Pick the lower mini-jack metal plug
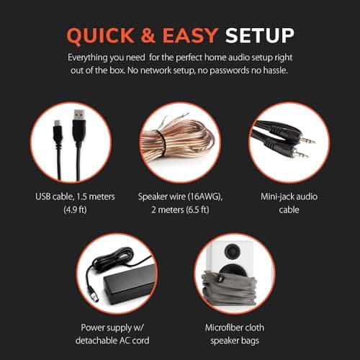pos(300,154)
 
